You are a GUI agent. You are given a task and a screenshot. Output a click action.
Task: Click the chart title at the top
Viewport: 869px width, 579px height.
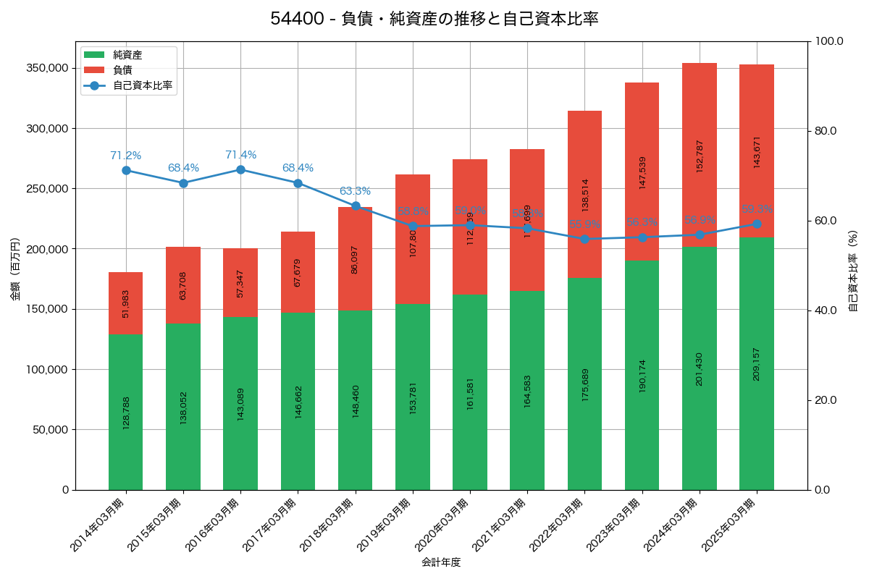tap(434, 19)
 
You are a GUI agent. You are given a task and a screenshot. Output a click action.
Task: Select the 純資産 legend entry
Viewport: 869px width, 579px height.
tap(127, 55)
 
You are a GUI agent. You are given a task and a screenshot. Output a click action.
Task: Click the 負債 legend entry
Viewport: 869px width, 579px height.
tap(122, 70)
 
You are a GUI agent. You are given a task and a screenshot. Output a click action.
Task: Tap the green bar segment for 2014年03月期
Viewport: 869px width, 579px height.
tap(126, 412)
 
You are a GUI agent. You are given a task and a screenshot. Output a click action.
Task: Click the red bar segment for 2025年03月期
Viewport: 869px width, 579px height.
tap(757, 151)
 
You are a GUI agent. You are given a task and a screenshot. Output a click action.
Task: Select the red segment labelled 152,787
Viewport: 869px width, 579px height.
tap(700, 155)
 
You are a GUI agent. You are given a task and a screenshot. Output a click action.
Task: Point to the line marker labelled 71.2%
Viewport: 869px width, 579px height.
tap(126, 170)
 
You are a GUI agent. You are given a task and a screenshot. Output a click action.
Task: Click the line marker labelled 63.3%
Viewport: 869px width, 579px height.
tap(356, 206)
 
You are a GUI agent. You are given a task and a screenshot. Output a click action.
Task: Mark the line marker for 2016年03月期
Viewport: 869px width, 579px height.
tap(240, 169)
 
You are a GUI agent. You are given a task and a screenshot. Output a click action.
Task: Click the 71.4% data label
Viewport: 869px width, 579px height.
tap(240, 155)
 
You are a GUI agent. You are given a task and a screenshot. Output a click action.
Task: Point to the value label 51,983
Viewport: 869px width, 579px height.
tap(126, 303)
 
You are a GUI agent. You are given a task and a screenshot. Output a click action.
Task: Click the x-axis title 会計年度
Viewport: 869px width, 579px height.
tap(441, 562)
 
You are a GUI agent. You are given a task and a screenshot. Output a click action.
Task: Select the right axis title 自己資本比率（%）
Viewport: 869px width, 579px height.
tap(853, 271)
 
